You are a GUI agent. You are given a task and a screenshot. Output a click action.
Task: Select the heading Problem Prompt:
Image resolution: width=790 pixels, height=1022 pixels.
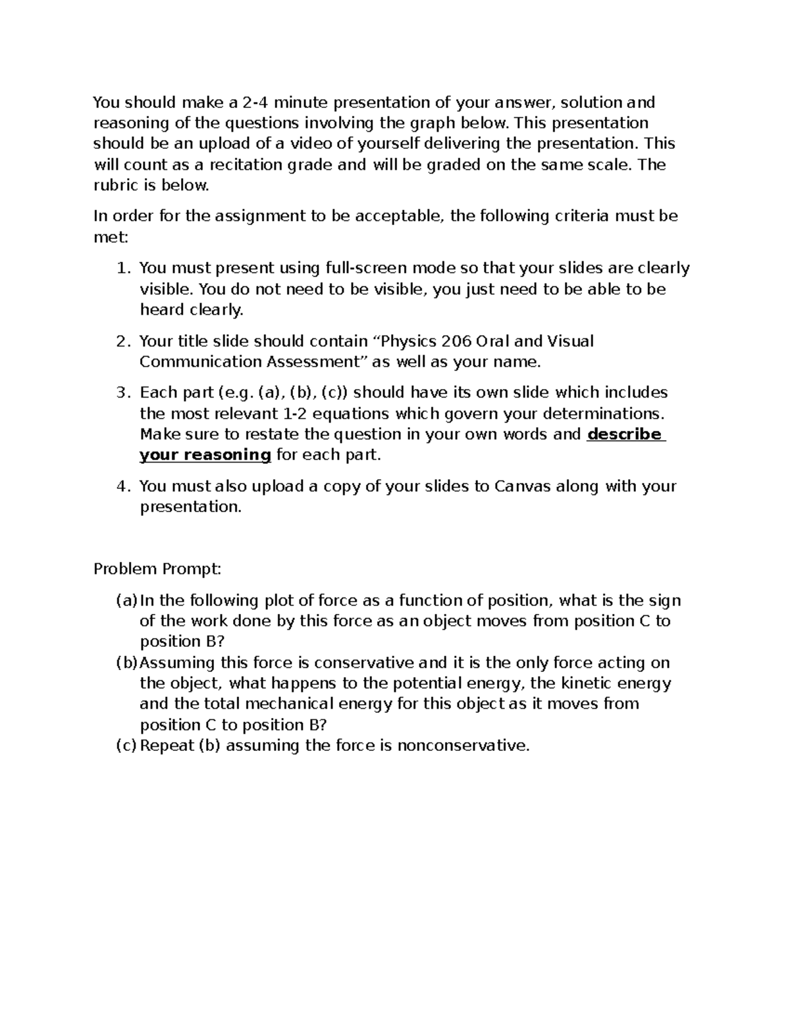click(157, 569)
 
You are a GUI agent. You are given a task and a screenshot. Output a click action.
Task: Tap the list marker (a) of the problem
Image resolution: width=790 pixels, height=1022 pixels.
click(126, 600)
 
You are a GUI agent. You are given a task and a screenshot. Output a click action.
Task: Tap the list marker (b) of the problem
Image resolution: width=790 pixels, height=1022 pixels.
click(126, 663)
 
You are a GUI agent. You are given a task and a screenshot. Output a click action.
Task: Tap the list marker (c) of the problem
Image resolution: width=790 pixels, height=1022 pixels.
click(126, 746)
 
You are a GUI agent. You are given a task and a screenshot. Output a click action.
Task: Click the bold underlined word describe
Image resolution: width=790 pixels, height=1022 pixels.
click(624, 434)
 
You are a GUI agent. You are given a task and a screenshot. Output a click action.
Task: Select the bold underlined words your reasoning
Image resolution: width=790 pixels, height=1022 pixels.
click(205, 455)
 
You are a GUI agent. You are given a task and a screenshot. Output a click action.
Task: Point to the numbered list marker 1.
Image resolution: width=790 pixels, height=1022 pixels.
click(121, 268)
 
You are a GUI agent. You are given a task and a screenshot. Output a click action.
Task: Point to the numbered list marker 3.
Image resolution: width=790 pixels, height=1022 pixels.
click(121, 393)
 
